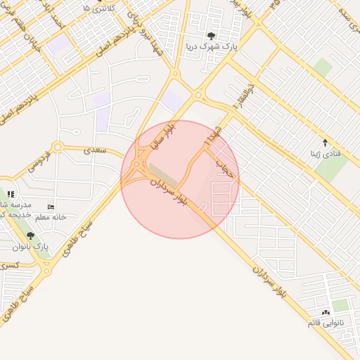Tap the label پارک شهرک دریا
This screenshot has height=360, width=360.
point(211,47)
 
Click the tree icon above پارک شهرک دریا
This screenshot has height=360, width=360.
point(211,36)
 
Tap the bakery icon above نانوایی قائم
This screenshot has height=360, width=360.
point(325,311)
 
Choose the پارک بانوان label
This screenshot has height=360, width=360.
point(31,247)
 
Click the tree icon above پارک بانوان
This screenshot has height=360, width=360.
point(30,236)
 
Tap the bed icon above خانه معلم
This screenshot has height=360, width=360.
point(51,207)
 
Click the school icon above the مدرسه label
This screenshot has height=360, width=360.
point(10,194)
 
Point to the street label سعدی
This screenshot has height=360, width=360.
point(94,150)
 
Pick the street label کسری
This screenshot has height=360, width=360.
point(10,266)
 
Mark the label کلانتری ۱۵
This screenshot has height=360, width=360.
point(98,8)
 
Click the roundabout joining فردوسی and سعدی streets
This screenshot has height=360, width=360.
point(57,148)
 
